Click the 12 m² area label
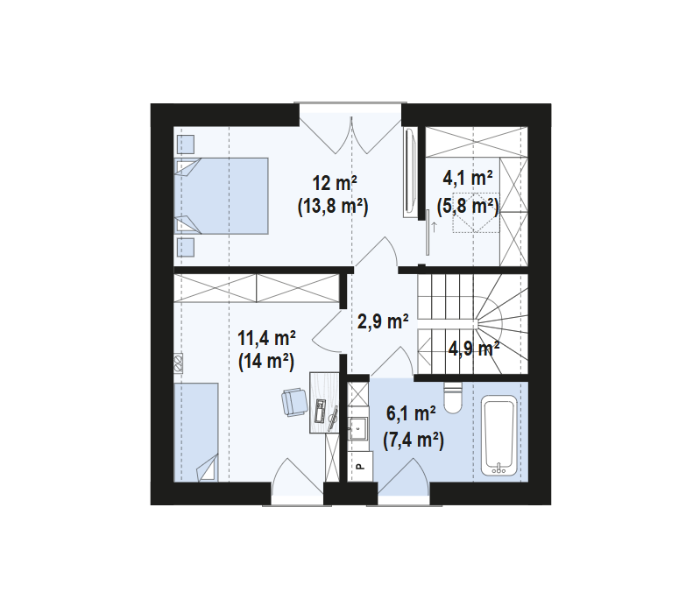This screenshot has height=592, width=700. tap(335, 183)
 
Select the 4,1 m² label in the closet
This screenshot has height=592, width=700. tap(468, 178)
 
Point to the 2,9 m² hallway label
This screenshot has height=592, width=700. tap(383, 321)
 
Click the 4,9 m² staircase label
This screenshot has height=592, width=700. tap(474, 349)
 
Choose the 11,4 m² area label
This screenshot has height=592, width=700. tap(265, 337)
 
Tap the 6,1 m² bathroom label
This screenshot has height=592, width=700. tap(413, 413)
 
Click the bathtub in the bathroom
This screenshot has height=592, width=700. tap(500, 435)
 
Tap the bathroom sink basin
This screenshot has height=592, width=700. tap(358, 429)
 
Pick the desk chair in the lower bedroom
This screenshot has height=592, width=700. tap(293, 401)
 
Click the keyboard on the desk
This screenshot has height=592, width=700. tap(321, 411)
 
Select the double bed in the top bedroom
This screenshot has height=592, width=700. tap(223, 195)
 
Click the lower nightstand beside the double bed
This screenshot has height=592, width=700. tap(186, 245)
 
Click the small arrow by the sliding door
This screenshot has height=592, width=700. tap(435, 226)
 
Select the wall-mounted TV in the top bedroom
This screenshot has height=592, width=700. tap(410, 172)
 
